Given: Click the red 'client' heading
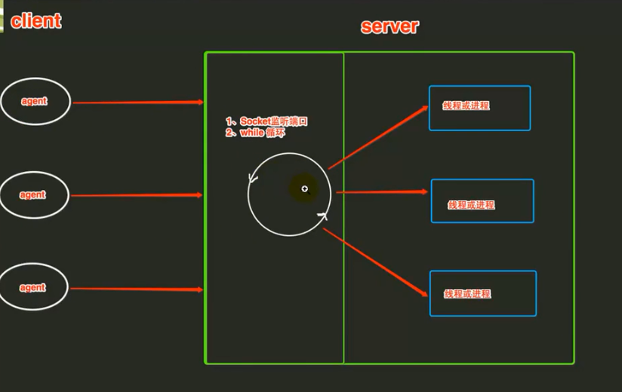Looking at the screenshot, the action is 36,21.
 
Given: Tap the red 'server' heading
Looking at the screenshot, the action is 390,26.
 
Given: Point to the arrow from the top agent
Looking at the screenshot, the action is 138,103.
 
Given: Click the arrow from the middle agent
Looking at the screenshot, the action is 137,195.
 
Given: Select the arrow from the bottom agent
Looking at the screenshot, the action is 137,289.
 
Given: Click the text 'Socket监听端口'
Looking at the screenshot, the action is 274,121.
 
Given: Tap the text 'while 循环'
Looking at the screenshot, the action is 262,133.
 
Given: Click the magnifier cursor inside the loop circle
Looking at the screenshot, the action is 305,189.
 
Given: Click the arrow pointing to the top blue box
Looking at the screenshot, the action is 378,137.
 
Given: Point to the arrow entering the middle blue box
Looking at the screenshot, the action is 382,192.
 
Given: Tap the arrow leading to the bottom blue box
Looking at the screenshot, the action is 375,262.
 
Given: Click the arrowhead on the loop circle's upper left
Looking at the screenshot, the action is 253,179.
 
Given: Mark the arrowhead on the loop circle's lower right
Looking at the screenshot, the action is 322,216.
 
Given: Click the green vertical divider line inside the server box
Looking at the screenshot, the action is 344,208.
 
